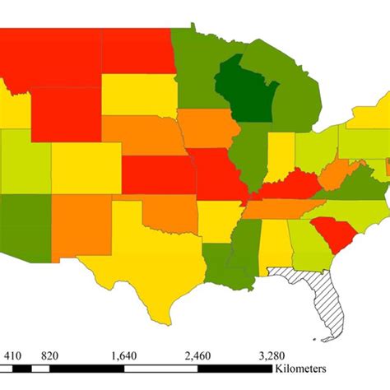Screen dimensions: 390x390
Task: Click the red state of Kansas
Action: (x=156, y=171)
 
